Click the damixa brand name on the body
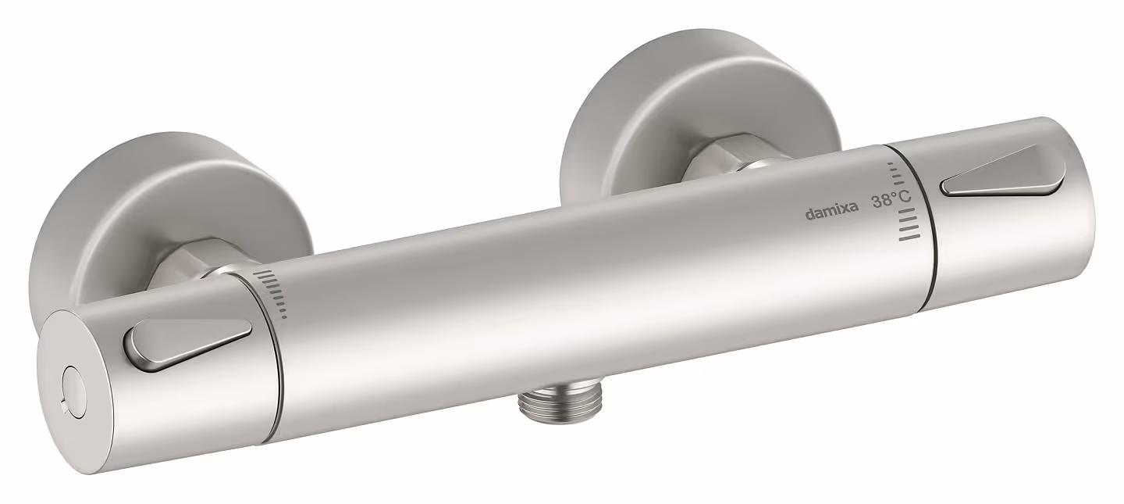click(x=831, y=213)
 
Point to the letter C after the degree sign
click(x=904, y=196)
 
